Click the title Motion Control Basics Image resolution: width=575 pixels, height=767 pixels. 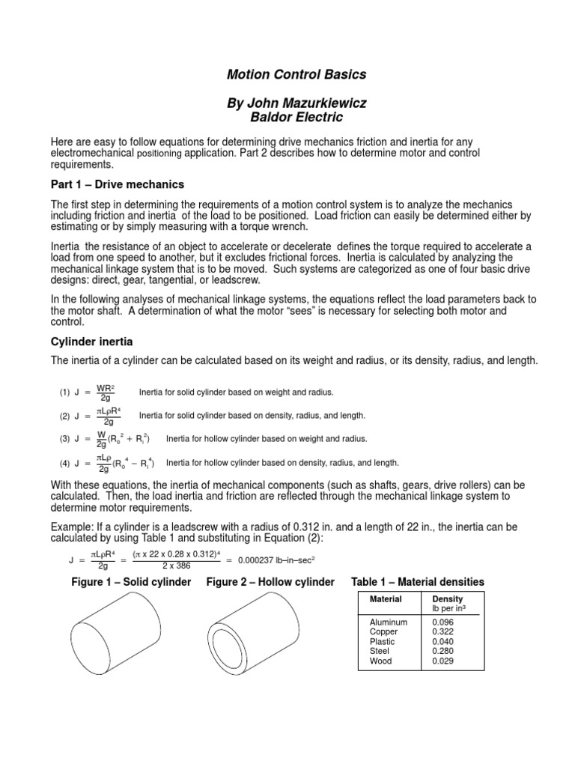tap(287, 75)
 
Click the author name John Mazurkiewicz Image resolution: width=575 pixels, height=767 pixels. tap(287, 103)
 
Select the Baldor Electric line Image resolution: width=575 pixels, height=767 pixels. tap(287, 117)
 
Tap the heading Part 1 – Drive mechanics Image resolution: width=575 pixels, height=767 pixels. tap(117, 184)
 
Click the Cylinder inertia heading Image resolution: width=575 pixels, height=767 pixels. tap(92, 341)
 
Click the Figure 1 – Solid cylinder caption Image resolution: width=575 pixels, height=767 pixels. tap(131, 582)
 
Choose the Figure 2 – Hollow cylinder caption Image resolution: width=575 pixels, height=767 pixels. tap(270, 582)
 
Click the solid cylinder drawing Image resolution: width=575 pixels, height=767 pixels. tap(119, 633)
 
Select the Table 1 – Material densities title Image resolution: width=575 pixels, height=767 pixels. tap(417, 582)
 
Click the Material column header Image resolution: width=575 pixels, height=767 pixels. tap(386, 599)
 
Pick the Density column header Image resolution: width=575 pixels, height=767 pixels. tap(448, 599)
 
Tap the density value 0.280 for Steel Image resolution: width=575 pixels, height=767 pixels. tap(443, 652)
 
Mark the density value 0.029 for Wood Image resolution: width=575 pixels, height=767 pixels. tap(443, 661)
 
